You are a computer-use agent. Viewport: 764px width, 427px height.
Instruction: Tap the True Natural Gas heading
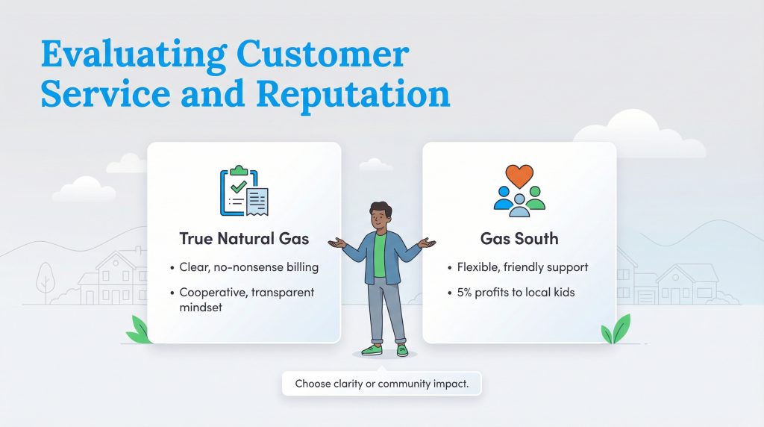(x=244, y=239)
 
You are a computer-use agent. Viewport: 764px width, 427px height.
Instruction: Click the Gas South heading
(x=519, y=239)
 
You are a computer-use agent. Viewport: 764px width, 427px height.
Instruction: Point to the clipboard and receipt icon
(x=244, y=192)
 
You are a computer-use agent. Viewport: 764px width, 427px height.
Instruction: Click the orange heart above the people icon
(x=519, y=176)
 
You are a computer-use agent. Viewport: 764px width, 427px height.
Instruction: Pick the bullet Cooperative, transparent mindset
(x=246, y=299)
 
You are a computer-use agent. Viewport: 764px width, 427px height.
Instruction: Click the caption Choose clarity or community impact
(x=381, y=384)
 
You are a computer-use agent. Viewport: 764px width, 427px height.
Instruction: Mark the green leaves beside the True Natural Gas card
(x=140, y=330)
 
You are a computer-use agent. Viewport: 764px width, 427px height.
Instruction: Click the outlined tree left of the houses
(x=46, y=280)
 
